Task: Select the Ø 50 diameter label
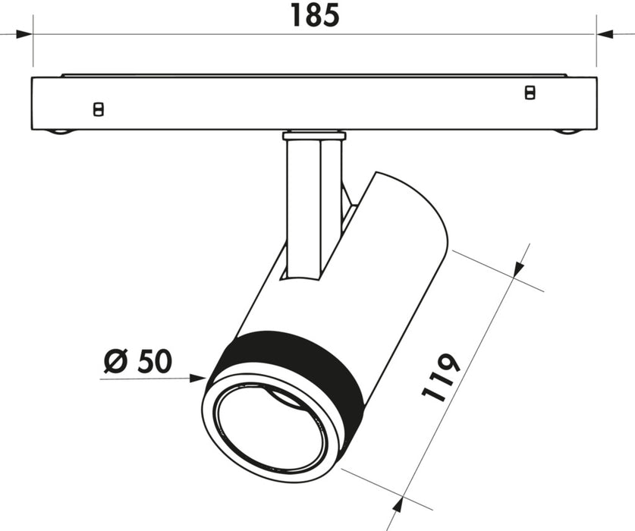click(137, 360)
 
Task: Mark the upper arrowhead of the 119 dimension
click(518, 270)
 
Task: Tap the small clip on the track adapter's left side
click(97, 109)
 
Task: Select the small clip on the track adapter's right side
click(530, 93)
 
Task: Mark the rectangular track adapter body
click(313, 102)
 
